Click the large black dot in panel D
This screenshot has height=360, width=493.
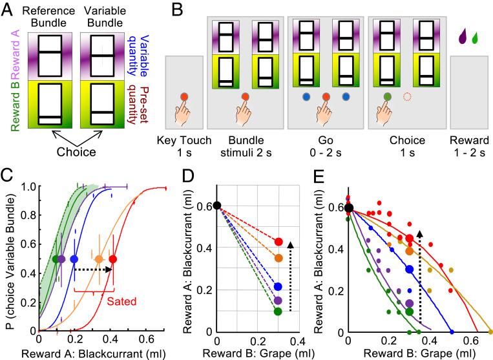217,206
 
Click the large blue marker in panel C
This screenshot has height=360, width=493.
74,259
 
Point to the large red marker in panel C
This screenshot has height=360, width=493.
113,259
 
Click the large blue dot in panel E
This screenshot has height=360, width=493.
409,269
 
